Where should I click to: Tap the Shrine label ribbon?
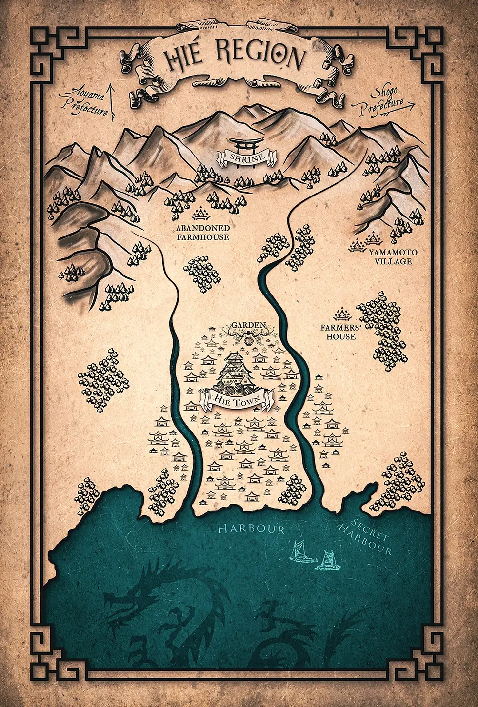247,157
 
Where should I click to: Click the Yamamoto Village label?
390,256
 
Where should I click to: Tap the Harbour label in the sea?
251,529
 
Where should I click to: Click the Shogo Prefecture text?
382,101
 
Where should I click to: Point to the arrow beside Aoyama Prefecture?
112,101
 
